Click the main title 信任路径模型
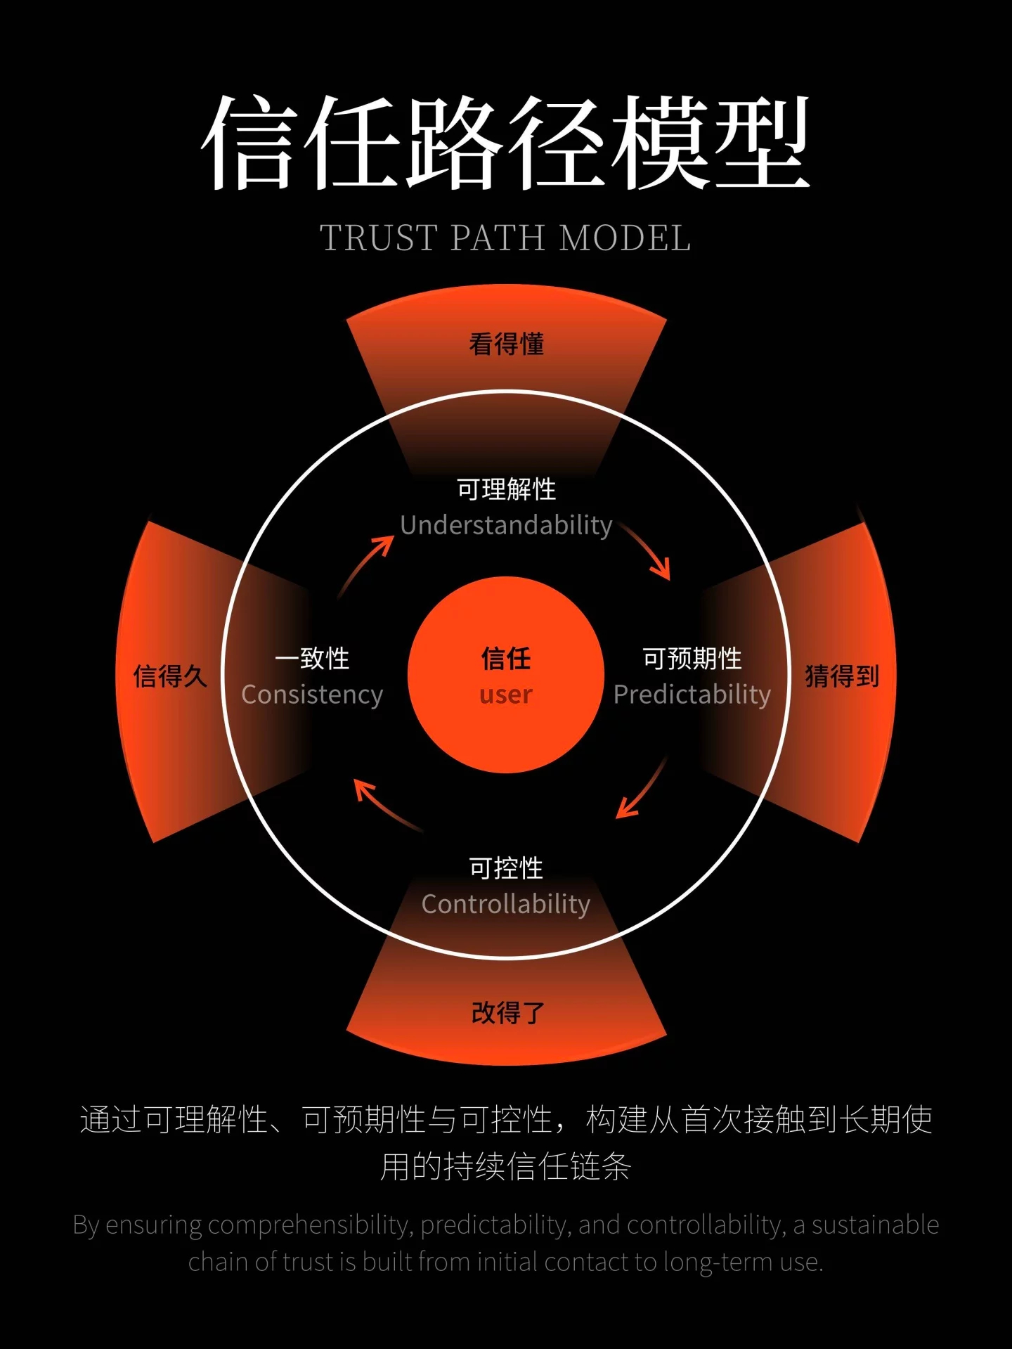click(506, 143)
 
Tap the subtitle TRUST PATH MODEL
click(506, 238)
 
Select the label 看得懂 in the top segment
click(506, 344)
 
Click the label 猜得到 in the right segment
click(842, 676)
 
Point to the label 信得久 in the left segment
click(170, 676)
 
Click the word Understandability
click(506, 525)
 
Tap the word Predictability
click(692, 695)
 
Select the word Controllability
click(506, 904)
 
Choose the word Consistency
click(312, 695)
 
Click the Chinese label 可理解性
click(506, 489)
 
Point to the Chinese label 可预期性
click(692, 659)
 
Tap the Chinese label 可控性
click(506, 868)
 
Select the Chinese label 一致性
click(312, 659)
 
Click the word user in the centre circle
click(506, 695)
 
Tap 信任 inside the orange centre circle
click(506, 659)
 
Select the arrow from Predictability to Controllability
click(642, 789)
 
